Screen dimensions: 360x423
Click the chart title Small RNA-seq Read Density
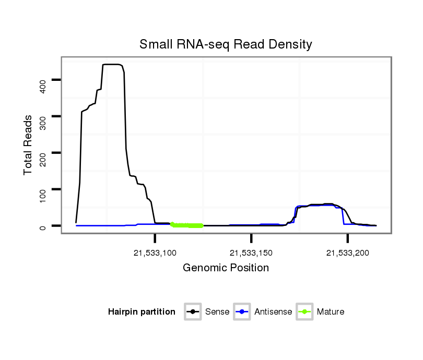[226, 44]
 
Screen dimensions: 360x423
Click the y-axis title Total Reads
[29, 145]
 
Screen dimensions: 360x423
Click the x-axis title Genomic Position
[226, 268]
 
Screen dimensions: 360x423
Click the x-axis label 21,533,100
[155, 253]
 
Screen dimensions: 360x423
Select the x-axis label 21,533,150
[252, 253]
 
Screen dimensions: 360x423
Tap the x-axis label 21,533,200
[348, 253]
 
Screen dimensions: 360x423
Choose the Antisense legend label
[273, 312]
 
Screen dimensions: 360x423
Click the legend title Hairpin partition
[141, 312]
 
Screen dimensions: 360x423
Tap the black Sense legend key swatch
[193, 312]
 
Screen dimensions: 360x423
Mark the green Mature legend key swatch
[304, 312]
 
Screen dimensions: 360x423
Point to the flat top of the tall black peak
[112, 64]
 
